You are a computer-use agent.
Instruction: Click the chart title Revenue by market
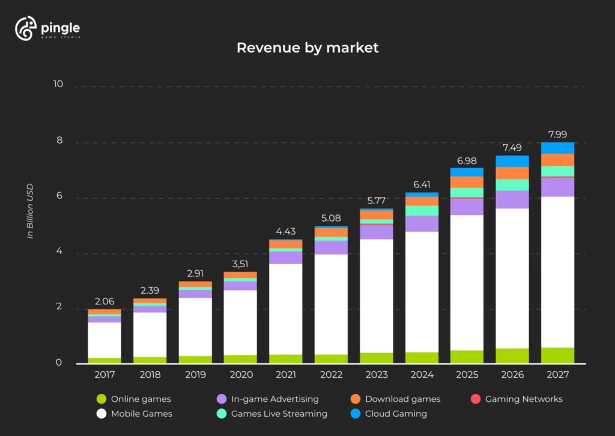tap(307, 48)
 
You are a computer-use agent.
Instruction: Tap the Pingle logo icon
tap(26, 29)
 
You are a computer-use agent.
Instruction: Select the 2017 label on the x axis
tap(105, 375)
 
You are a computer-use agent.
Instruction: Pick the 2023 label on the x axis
tap(377, 375)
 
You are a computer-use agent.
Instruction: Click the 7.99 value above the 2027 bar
tap(557, 135)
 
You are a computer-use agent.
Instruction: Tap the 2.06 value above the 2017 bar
tap(105, 301)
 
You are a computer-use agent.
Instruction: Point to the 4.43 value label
tap(286, 231)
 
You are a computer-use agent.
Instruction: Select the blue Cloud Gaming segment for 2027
tap(557, 148)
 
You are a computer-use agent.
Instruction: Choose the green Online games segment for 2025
tap(467, 357)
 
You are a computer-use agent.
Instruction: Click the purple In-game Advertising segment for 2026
tap(512, 199)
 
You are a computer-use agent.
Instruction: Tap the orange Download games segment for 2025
tap(467, 182)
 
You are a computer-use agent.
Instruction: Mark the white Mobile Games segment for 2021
tap(286, 309)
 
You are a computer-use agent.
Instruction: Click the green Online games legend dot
tap(101, 399)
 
